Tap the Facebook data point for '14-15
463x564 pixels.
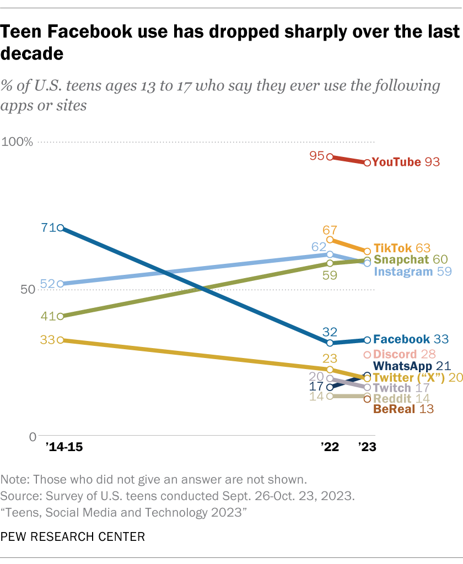pyautogui.click(x=61, y=228)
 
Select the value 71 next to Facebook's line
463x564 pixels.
pyautogui.click(x=48, y=226)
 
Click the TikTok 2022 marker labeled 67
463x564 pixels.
pyautogui.click(x=330, y=240)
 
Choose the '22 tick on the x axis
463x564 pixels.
pyautogui.click(x=330, y=448)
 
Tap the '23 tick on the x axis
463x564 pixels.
pyautogui.click(x=367, y=448)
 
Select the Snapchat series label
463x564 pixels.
pyautogui.click(x=401, y=260)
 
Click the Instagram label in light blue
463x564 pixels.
pyautogui.click(x=402, y=272)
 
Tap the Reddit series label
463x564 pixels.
pyautogui.click(x=392, y=398)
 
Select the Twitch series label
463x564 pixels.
pyautogui.click(x=392, y=388)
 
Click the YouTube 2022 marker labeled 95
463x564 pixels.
pyautogui.click(x=330, y=157)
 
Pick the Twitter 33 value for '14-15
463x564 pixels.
pyautogui.click(x=48, y=340)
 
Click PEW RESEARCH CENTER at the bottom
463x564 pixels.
pyautogui.click(x=73, y=535)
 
